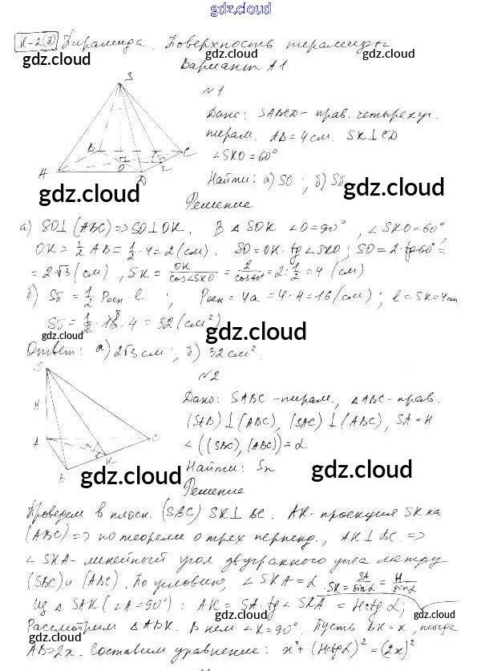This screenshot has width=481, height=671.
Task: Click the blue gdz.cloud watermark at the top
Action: tap(240, 9)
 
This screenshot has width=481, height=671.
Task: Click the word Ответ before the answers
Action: tap(54, 350)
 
